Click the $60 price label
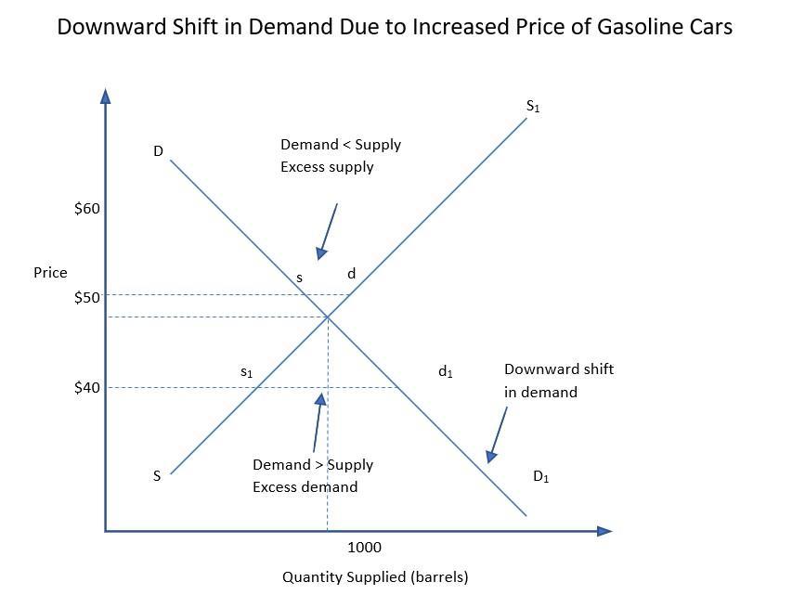coord(86,209)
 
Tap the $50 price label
coord(86,297)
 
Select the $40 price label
coord(86,387)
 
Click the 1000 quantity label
coord(364,548)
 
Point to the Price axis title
coord(50,273)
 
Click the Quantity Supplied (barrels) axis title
coord(375,577)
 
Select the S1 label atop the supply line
coord(533,107)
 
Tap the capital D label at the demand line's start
coord(158,151)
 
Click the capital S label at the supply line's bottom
coord(157,476)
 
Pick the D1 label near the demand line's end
coord(540,477)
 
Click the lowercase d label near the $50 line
coord(351,274)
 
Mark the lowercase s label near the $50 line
coord(299,278)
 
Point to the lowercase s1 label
coord(246,372)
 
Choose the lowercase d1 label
coord(445,372)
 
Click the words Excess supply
coord(327,167)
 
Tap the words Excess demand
coord(305,486)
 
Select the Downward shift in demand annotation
coord(558,381)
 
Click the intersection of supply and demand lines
coord(327,317)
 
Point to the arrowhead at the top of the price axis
coord(106,96)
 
